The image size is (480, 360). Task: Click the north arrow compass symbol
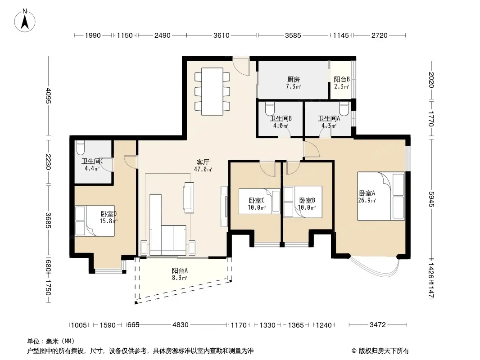coord(25,20)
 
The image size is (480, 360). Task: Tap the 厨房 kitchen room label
coord(293,80)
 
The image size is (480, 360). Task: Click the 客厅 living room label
coord(203,162)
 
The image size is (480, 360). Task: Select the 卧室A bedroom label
coord(367,193)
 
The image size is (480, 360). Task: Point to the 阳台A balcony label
coord(180,271)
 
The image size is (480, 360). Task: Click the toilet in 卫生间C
coord(80,148)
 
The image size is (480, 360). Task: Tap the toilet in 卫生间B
coord(270,108)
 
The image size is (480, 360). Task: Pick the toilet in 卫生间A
coord(344,108)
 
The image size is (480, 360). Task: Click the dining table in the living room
coord(212,91)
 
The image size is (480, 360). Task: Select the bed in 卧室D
coord(95,221)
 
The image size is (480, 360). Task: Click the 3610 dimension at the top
coord(222,36)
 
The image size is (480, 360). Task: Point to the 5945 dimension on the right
coord(431,199)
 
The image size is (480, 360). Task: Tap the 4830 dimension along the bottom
coord(180,325)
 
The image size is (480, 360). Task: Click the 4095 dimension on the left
coord(48,96)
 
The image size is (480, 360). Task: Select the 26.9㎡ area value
coord(367,201)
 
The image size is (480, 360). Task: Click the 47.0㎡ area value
coord(203,170)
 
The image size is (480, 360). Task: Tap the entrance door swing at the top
coord(241,66)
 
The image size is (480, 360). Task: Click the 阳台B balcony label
coord(342,80)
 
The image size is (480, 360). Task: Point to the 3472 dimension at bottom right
coord(378,325)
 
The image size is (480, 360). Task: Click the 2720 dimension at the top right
coord(380,36)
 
